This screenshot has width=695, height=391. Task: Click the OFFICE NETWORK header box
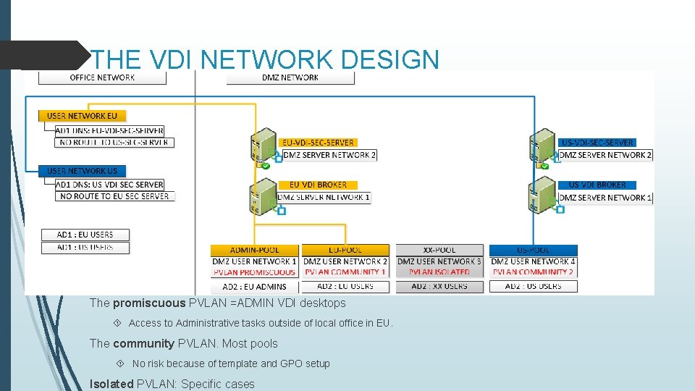(x=102, y=77)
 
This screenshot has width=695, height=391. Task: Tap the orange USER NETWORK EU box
(x=82, y=116)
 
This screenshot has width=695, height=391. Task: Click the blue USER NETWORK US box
(x=82, y=171)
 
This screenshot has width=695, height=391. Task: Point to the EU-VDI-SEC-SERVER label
(x=318, y=143)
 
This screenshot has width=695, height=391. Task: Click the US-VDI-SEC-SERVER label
(x=597, y=143)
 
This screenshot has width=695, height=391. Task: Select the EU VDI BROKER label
(x=318, y=185)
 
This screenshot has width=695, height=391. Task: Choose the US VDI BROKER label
(x=597, y=185)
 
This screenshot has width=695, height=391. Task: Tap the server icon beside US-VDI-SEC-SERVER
(x=542, y=149)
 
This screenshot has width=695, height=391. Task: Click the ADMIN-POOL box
(x=254, y=250)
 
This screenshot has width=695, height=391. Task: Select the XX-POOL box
(x=439, y=250)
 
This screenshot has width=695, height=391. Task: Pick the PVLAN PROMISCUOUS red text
(x=254, y=272)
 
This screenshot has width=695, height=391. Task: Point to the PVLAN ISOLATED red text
(x=439, y=272)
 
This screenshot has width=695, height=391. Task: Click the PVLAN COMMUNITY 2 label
(x=533, y=272)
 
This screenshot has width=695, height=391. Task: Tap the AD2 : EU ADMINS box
(x=254, y=286)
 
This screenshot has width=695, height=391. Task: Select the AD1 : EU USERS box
(x=85, y=235)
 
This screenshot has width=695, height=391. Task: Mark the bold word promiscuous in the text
(x=148, y=303)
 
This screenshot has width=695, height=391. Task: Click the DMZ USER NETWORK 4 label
(x=533, y=261)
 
